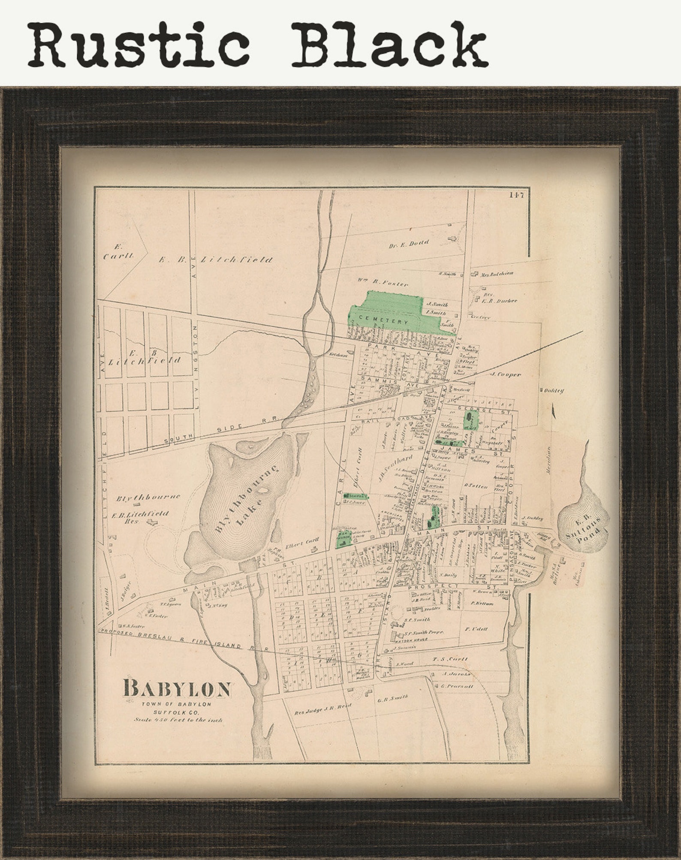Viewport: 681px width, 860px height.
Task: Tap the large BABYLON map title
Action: coord(177,688)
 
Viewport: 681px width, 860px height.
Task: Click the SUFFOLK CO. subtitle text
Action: coord(178,712)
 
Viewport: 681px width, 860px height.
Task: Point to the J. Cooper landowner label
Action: coord(506,374)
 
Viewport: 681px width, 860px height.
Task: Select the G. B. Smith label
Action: coord(392,698)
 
